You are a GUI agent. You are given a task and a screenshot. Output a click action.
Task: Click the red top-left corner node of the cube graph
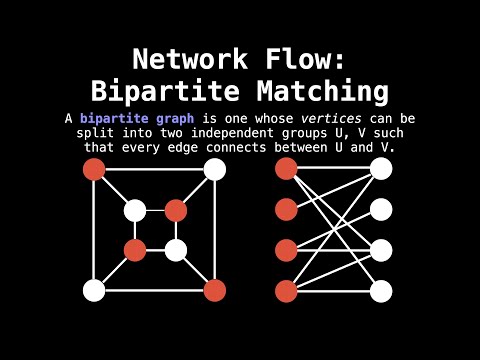pos(94,169)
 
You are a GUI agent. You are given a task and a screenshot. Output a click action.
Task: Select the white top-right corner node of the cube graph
pos(215,169)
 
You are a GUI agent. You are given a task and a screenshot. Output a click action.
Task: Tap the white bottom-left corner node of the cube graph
pos(94,290)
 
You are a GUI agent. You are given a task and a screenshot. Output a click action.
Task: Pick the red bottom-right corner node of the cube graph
pos(215,290)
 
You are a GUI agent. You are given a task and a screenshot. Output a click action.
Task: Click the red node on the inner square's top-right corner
pos(176,210)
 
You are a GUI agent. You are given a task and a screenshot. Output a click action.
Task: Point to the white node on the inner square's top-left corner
pos(135,210)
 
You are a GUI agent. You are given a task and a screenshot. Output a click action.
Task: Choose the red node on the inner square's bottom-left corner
pos(135,250)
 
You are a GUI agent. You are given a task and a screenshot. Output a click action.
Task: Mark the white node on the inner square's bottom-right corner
pos(176,250)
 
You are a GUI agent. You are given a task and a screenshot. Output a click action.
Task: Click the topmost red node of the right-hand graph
pos(286,168)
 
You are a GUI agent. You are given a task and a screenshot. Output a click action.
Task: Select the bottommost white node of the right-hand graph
pos(381,291)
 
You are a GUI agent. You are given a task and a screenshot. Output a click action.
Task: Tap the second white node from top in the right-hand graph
pos(381,209)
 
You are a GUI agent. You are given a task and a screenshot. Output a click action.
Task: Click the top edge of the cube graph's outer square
pos(155,169)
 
